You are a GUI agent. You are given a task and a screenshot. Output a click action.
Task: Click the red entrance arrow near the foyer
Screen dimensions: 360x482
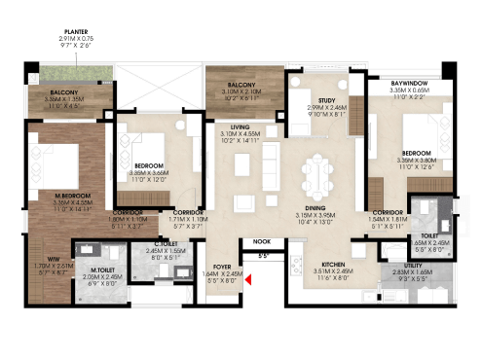point(249,282)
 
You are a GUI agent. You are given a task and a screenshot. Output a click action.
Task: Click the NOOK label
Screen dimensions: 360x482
point(260,241)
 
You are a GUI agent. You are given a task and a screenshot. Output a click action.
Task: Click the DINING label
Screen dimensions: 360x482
point(315,207)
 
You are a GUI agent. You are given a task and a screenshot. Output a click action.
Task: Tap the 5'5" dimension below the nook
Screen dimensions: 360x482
point(263,257)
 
